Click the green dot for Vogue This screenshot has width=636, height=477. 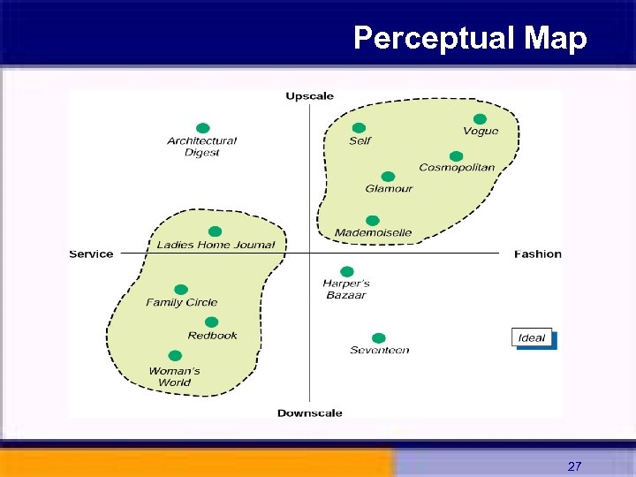point(480,119)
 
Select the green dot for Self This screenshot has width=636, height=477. point(359,128)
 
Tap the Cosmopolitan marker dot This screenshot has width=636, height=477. point(456,156)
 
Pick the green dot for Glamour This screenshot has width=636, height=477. point(388,177)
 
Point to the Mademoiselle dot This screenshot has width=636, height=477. point(372,221)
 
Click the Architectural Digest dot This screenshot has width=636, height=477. point(202,128)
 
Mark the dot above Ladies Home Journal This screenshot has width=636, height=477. point(215,232)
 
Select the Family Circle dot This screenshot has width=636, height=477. point(181,290)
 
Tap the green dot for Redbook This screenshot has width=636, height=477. point(211,322)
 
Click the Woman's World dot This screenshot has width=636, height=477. point(175,356)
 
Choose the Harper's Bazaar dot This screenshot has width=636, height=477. point(347,271)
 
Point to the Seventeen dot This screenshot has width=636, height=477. point(379,338)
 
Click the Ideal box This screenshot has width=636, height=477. point(533,337)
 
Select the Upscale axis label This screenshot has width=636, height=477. point(309,96)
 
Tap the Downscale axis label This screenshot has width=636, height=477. point(309,413)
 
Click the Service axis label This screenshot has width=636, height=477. point(91,254)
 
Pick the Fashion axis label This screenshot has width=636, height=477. point(538,254)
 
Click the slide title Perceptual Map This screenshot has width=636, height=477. point(469,38)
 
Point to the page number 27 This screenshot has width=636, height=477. point(574,466)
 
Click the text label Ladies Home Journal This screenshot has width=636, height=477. point(216,245)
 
